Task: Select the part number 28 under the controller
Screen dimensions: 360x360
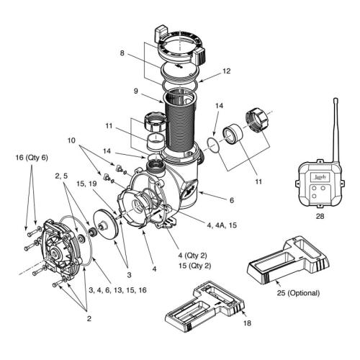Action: [x=317, y=215]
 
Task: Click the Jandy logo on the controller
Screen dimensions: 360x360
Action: [x=318, y=174]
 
